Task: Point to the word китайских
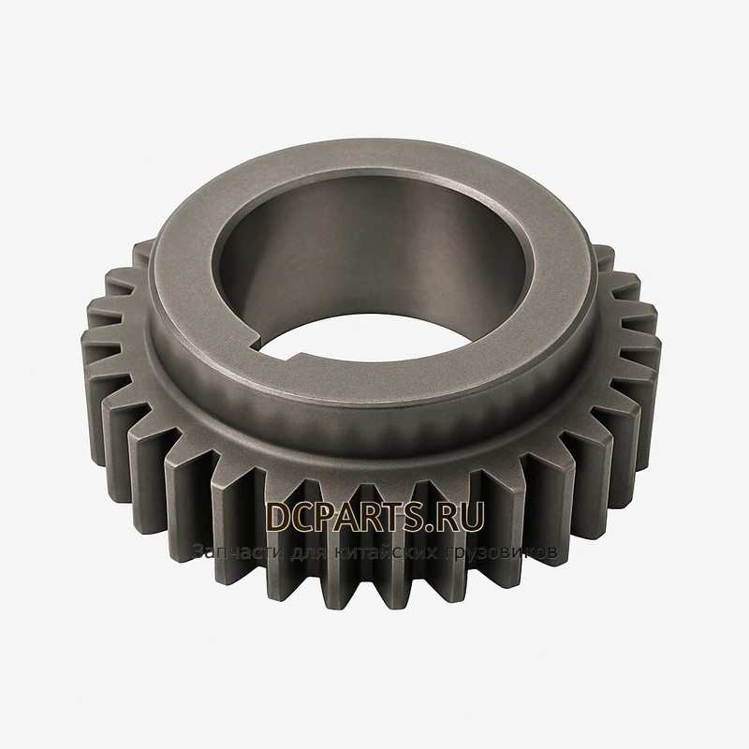(386, 552)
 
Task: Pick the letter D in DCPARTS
(279, 517)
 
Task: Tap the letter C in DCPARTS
(308, 517)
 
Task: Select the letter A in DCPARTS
(359, 517)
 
